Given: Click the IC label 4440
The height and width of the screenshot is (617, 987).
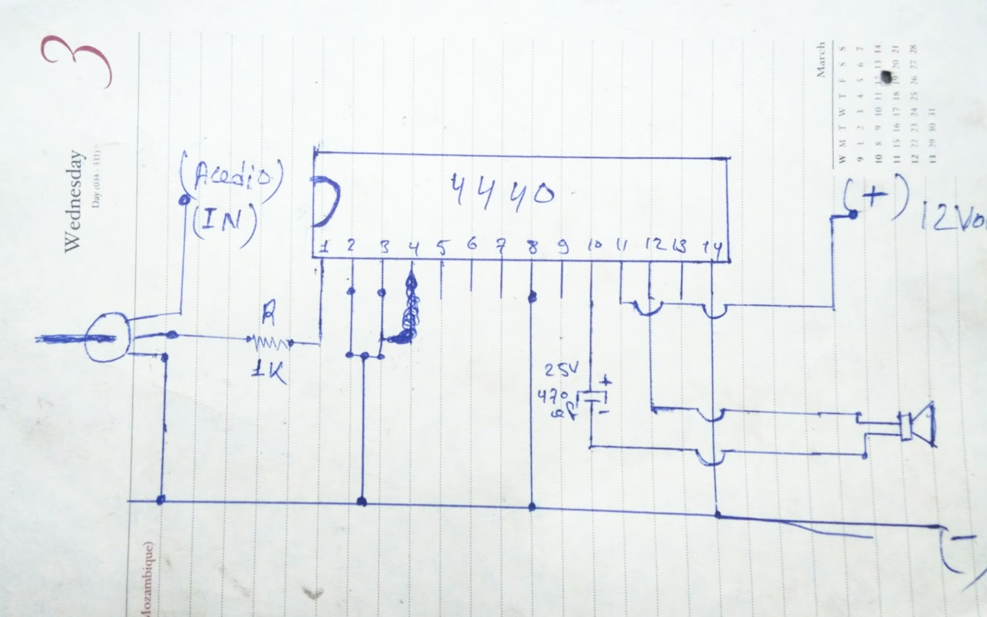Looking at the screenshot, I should pyautogui.click(x=502, y=192).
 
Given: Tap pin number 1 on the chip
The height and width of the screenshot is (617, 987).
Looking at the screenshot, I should pyautogui.click(x=322, y=247).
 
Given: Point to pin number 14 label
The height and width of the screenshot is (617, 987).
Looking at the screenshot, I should pyautogui.click(x=716, y=247).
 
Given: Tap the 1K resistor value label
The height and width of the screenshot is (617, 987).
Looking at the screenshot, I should pyautogui.click(x=268, y=372).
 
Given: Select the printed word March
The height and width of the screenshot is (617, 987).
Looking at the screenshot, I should pyautogui.click(x=820, y=60).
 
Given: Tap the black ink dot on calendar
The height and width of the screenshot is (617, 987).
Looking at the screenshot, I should pyautogui.click(x=887, y=77).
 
